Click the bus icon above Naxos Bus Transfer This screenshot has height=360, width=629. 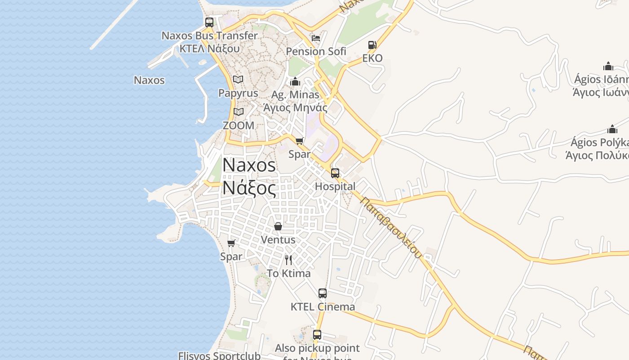tap(209, 22)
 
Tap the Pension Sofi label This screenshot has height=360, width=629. tap(316, 51)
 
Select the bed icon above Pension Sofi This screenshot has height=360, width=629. tap(316, 38)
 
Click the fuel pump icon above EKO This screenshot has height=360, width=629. tap(372, 45)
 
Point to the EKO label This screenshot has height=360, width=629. tap(372, 58)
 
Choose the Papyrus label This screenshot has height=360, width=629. tap(238, 93)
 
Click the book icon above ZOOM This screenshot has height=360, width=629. tap(239, 112)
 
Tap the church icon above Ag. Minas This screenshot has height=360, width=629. tap(295, 81)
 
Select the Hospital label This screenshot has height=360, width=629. tap(335, 186)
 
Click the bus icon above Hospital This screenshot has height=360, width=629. tap(335, 173)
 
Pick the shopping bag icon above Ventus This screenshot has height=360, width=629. tap(278, 226)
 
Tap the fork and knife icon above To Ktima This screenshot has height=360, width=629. tap(288, 260)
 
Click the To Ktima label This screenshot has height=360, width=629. tap(288, 273)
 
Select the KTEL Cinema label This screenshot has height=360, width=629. tap(323, 307)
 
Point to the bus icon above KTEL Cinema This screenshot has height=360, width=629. tap(323, 293)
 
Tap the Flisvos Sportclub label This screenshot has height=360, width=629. tap(219, 355)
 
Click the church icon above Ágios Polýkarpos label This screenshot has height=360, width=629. tap(612, 130)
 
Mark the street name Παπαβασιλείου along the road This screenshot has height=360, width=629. tap(391, 227)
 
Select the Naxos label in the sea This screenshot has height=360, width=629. tap(149, 81)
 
